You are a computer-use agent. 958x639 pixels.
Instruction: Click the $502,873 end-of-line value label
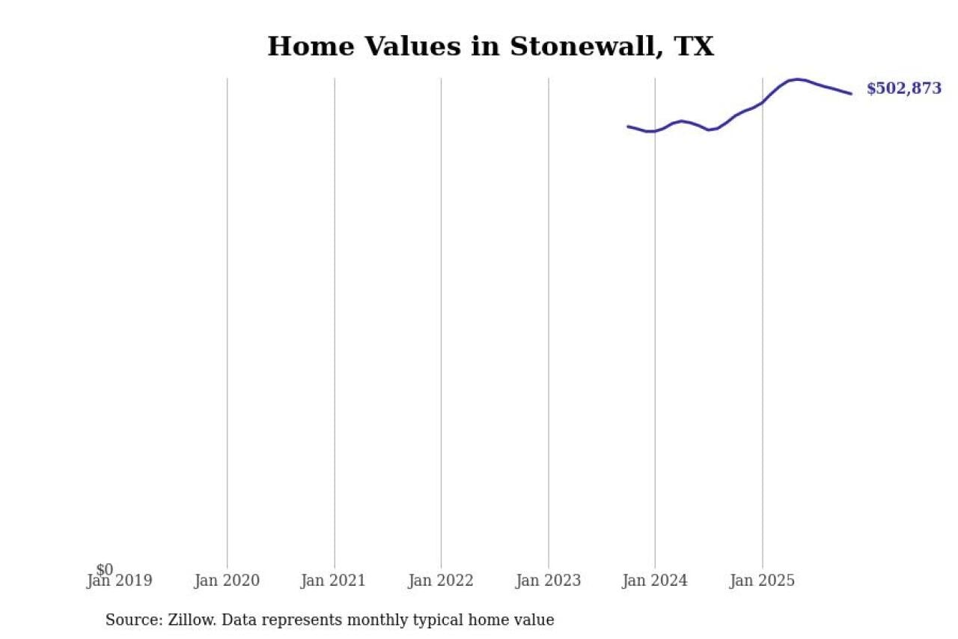(x=903, y=88)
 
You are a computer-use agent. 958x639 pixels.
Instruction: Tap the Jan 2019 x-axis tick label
(x=120, y=581)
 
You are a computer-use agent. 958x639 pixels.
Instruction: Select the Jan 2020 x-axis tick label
(x=227, y=581)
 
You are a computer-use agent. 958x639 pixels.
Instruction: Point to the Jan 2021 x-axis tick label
(x=334, y=581)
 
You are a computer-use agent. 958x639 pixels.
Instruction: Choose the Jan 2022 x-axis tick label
(x=441, y=581)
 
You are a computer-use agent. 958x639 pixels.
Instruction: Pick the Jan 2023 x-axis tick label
(x=548, y=581)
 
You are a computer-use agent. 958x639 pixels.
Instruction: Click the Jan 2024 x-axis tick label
(x=655, y=581)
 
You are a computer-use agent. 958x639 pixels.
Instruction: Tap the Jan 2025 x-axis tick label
(x=762, y=581)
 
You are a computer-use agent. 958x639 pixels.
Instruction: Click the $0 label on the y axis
(x=105, y=570)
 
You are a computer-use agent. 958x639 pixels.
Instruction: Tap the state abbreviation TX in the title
(x=694, y=46)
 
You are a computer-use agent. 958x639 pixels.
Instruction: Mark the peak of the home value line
(x=797, y=79)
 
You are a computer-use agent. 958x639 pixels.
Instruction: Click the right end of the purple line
(x=851, y=94)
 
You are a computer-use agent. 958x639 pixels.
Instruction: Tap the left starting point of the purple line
(x=628, y=126)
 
